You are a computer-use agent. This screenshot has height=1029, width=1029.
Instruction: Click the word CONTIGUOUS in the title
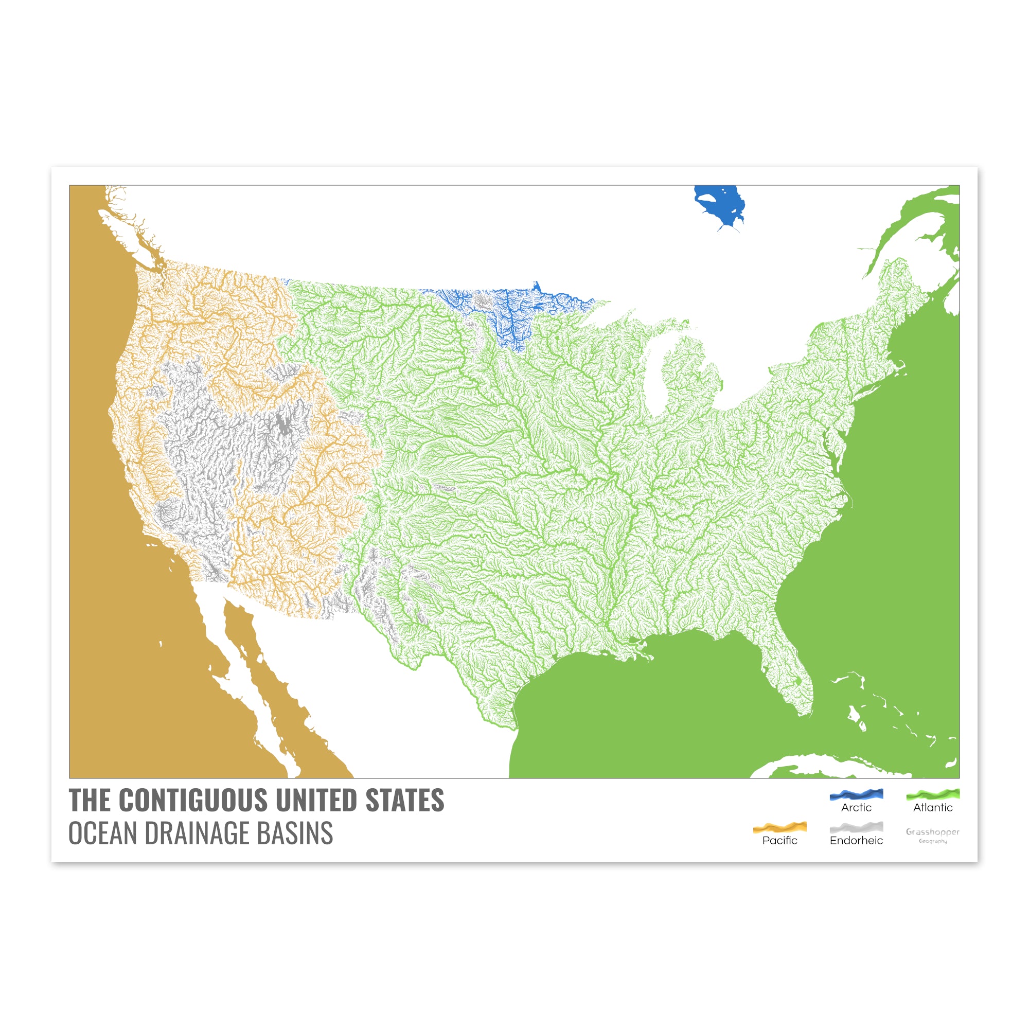coord(194,801)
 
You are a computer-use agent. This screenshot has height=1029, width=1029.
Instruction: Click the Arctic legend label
coord(856,807)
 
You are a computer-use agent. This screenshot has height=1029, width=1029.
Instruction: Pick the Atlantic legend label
coord(933,807)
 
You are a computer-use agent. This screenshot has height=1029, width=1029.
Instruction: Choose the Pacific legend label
coord(780,841)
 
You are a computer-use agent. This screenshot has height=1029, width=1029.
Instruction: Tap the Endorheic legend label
coord(856,841)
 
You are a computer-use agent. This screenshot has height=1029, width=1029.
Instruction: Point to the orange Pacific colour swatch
coord(780,827)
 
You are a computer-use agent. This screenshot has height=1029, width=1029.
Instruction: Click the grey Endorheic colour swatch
coord(856,827)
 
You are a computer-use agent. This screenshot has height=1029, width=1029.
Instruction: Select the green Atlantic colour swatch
coord(933,794)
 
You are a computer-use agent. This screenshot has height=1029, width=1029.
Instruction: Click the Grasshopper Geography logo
coord(933,835)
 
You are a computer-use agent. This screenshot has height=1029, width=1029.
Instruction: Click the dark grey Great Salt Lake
coord(285,423)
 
